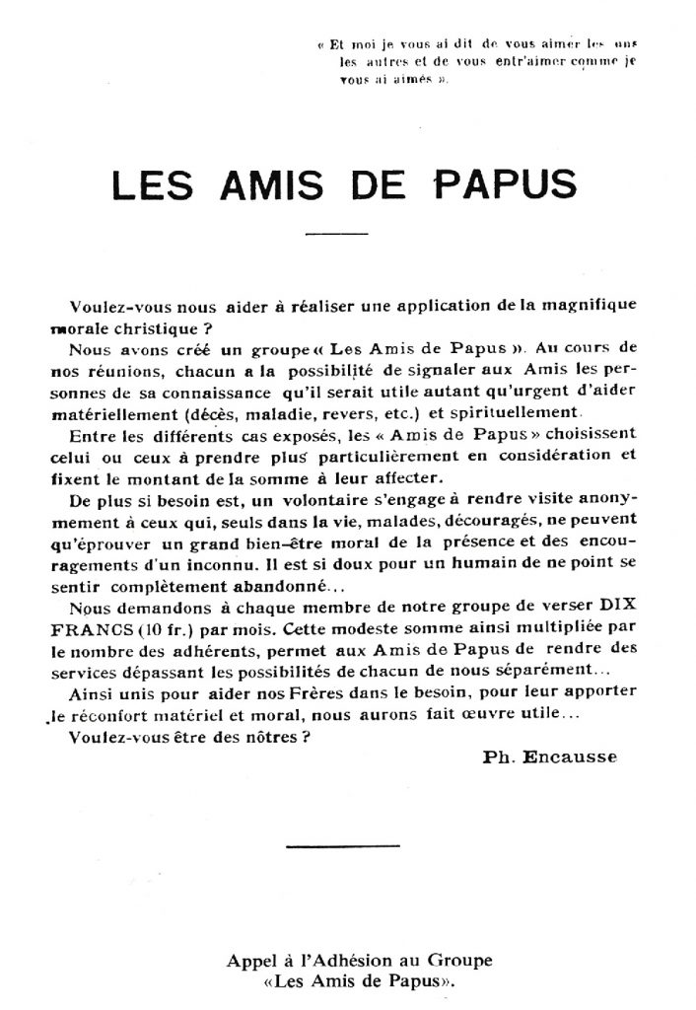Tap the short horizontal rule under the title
337,234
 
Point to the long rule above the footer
342,845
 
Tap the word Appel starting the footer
244,959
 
